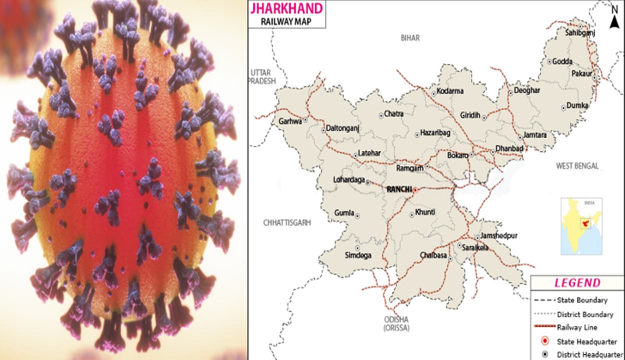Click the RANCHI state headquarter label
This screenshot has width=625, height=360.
(399, 189)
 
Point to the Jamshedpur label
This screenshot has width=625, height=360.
(499, 236)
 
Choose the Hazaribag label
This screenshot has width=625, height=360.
(435, 133)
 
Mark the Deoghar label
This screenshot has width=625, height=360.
(527, 90)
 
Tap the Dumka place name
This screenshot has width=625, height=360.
(577, 106)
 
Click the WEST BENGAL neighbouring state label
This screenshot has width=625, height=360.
(577, 166)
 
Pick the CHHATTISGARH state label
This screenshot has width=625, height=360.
(287, 222)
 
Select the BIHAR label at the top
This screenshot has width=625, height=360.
(410, 38)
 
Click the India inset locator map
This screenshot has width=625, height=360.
(580, 226)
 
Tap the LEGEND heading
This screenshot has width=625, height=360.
(577, 283)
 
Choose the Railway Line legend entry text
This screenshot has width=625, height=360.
(577, 327)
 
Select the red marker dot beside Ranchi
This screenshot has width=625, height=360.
(415, 190)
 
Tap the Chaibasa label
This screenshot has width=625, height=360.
(432, 255)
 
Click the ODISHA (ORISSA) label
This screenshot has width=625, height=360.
(396, 323)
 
